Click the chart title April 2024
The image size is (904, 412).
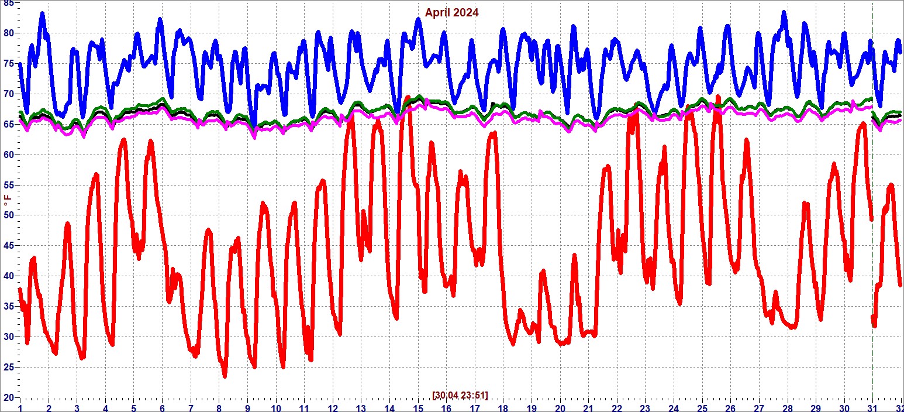(x=451, y=12)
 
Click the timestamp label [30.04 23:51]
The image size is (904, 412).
(x=460, y=395)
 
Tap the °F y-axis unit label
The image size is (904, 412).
(x=8, y=205)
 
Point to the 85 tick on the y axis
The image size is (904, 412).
(x=8, y=3)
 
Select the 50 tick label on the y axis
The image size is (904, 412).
(x=8, y=215)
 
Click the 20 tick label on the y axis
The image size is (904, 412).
(x=8, y=397)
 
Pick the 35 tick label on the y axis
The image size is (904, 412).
(x=8, y=307)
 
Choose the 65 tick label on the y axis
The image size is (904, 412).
(x=8, y=124)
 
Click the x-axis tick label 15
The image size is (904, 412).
(x=418, y=407)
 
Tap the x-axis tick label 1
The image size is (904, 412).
(x=20, y=407)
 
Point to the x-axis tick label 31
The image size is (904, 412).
(x=872, y=407)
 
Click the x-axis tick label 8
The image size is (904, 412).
(x=219, y=407)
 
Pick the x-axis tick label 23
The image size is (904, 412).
(x=645, y=407)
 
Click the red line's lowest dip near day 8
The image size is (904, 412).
(x=225, y=376)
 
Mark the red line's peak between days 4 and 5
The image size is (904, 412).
(x=123, y=140)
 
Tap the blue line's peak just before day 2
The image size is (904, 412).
(x=42, y=13)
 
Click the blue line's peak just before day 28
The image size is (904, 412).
(x=784, y=12)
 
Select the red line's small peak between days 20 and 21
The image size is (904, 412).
(x=574, y=256)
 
